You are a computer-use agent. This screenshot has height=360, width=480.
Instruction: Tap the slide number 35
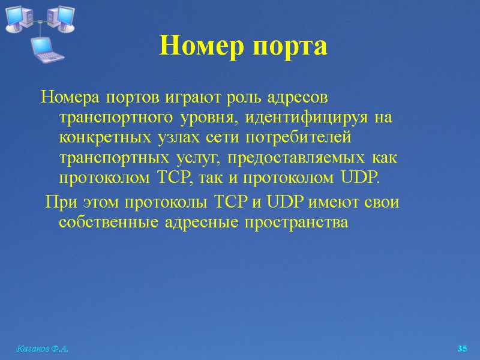coord(462,349)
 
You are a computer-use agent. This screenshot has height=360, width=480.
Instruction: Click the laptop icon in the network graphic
coord(46,49)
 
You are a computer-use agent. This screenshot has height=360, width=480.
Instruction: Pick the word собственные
coord(106,222)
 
